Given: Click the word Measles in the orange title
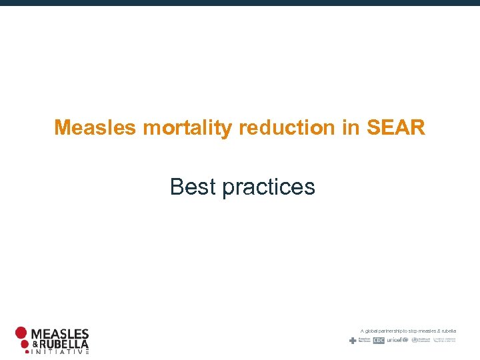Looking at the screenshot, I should pyautogui.click(x=96, y=127).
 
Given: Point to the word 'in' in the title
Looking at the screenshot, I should pyautogui.click(x=351, y=127).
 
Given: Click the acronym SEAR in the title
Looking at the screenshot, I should pyautogui.click(x=395, y=127).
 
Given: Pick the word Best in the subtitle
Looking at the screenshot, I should pyautogui.click(x=193, y=187).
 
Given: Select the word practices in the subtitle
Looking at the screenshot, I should pyautogui.click(x=269, y=187).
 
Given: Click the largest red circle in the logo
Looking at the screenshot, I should pyautogui.click(x=22, y=333).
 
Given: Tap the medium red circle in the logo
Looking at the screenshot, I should pyautogui.click(x=25, y=344).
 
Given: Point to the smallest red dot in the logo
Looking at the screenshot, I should pyautogui.click(x=27, y=352).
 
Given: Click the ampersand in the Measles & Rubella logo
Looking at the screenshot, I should pyautogui.click(x=37, y=344).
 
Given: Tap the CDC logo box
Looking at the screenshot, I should pyautogui.click(x=379, y=340).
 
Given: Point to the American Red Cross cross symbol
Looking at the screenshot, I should pyautogui.click(x=353, y=340).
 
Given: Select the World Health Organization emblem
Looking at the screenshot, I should pyautogui.click(x=415, y=340).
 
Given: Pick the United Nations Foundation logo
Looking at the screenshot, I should pyautogui.click(x=445, y=340).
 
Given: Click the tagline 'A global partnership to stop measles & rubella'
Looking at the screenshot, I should pyautogui.click(x=408, y=331).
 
